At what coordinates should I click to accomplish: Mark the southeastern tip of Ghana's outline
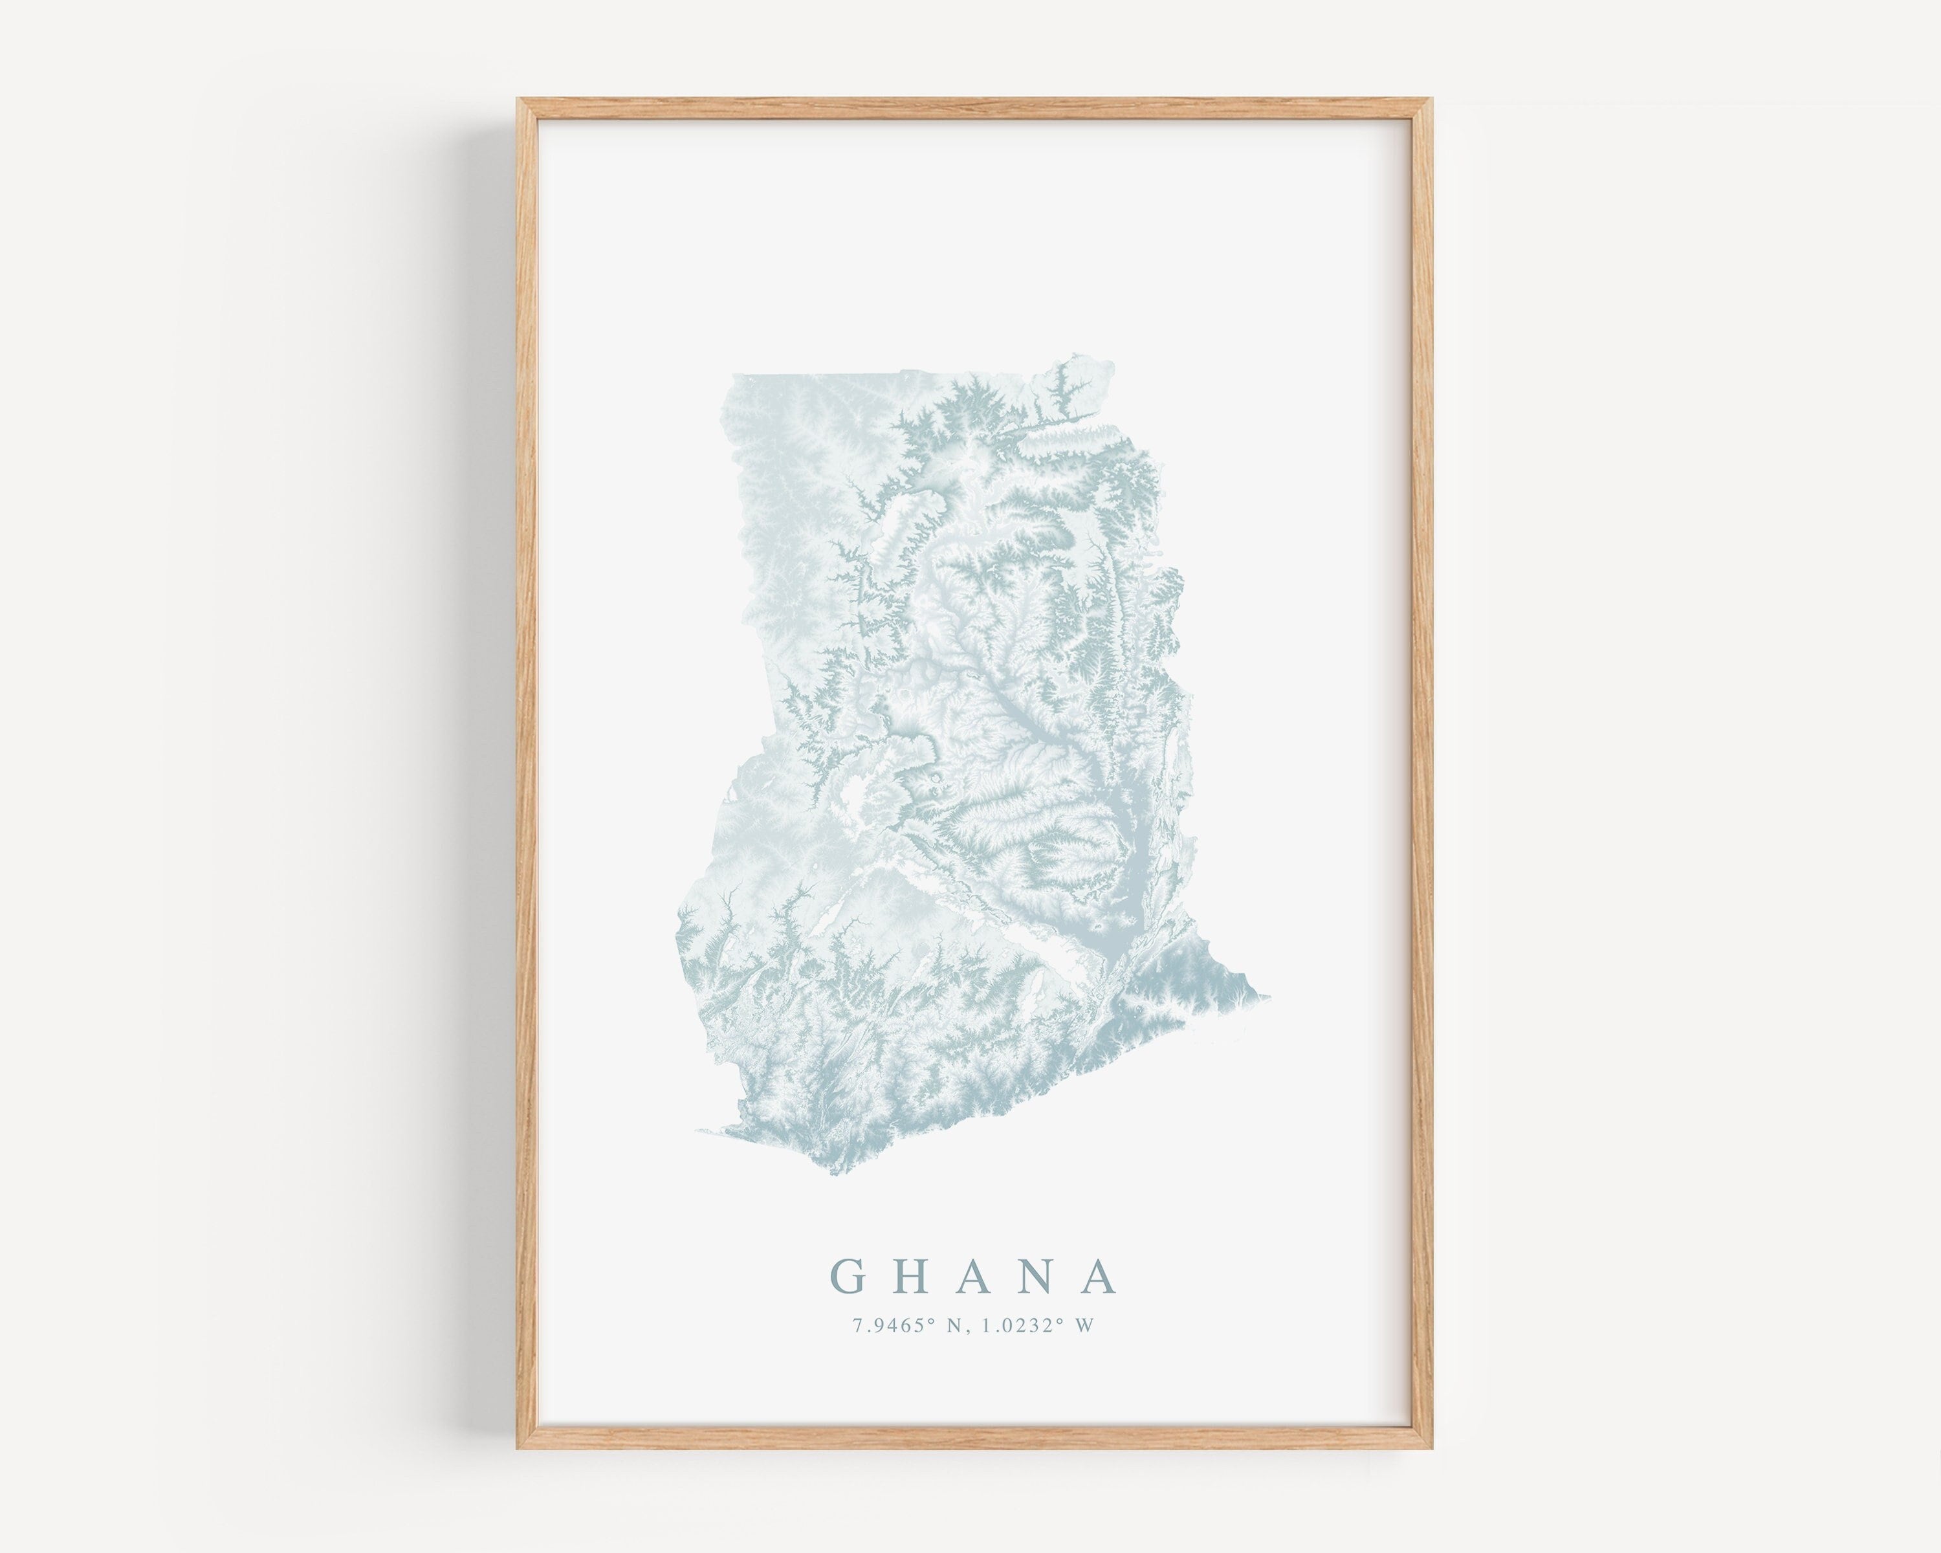pyautogui.click(x=1269, y=997)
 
